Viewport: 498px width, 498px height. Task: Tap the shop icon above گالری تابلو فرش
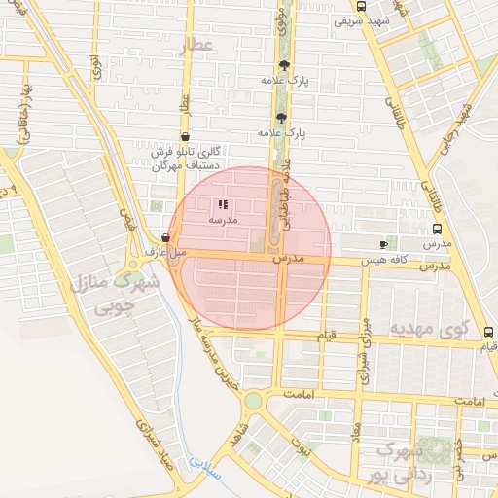click(x=185, y=138)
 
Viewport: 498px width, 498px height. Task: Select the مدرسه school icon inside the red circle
click(x=223, y=205)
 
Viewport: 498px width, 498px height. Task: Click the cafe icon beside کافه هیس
click(x=383, y=244)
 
